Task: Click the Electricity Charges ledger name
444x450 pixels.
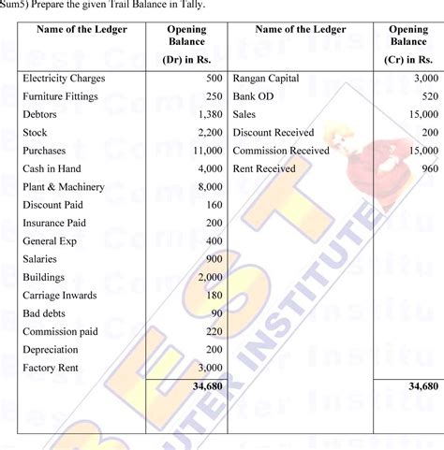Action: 64,79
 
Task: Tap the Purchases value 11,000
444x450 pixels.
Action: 206,151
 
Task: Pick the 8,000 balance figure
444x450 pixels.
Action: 209,187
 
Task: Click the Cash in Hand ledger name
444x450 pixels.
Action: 54,169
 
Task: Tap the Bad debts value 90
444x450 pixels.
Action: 215,313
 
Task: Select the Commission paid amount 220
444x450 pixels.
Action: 213,331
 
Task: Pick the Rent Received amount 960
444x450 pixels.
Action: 429,169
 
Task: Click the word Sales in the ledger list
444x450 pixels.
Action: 246,115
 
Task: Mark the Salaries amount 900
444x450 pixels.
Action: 213,259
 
